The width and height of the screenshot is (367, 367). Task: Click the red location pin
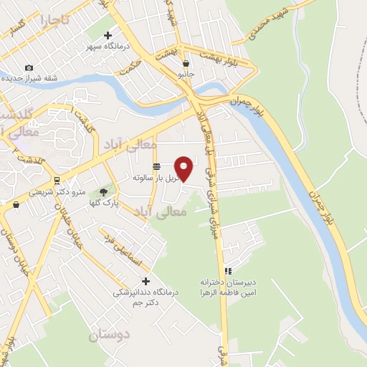tap(184, 168)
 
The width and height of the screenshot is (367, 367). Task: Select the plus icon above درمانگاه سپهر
tap(108, 34)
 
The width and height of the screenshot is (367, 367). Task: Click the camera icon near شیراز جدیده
tap(29, 67)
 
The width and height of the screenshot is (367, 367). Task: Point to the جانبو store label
tap(186, 74)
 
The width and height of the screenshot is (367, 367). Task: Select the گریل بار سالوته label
tap(153, 176)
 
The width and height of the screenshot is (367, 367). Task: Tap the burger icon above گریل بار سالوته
tap(156, 166)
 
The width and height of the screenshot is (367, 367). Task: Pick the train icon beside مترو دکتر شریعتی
tap(56, 181)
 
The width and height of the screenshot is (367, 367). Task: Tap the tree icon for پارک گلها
tap(104, 191)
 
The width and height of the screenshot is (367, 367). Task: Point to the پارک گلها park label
tap(104, 204)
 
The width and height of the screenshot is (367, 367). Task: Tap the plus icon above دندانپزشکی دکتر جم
tap(146, 280)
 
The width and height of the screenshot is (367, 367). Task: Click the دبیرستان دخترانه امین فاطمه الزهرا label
tap(228, 287)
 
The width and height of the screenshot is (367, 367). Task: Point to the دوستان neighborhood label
tap(109, 335)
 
